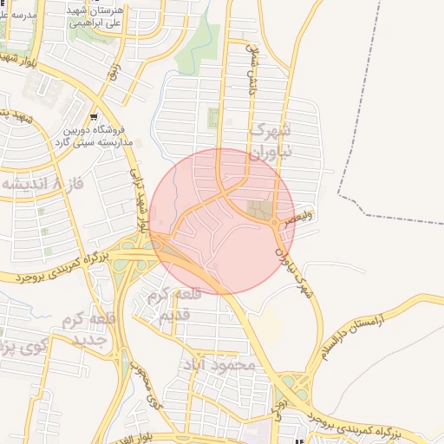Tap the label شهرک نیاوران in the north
click(x=280, y=140)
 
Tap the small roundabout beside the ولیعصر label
click(x=276, y=224)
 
